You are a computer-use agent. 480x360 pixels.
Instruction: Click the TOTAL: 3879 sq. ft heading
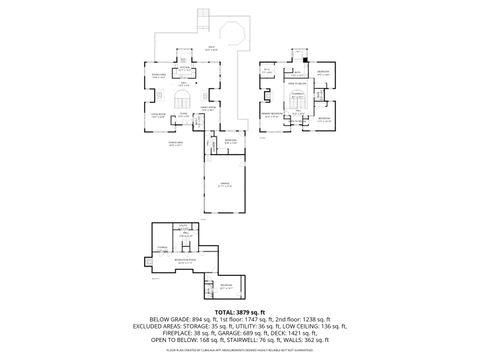240,312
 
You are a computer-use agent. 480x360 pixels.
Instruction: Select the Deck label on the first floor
210,47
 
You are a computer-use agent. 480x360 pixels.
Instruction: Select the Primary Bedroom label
271,114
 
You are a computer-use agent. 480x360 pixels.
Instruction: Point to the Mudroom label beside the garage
230,141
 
